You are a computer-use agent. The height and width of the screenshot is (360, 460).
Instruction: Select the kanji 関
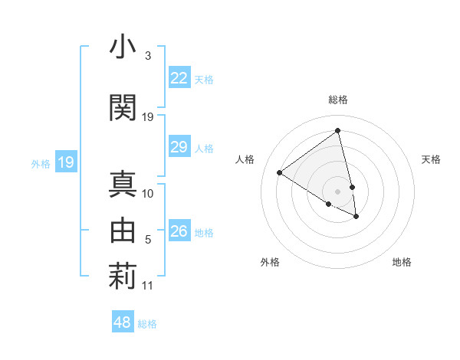123,107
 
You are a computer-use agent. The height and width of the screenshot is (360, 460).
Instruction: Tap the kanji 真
123,184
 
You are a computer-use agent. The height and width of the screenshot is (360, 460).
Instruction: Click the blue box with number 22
179,78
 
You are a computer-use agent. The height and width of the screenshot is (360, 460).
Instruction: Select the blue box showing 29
179,147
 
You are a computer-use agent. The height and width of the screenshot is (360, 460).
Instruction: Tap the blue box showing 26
179,231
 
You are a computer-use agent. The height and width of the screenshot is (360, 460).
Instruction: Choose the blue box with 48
123,322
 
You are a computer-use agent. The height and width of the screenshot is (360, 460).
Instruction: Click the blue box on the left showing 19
65,162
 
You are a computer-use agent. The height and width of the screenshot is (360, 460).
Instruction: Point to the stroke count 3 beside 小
147,56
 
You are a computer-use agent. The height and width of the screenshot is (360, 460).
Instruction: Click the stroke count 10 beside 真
148,194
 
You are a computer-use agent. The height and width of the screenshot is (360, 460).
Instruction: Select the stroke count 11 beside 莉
148,286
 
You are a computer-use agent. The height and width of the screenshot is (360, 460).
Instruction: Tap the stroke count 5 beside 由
148,240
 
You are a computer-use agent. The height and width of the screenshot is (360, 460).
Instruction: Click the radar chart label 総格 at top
337,100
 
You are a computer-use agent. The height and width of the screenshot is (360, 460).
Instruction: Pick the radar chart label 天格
431,159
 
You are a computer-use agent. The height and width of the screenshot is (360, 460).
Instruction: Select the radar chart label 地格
402,262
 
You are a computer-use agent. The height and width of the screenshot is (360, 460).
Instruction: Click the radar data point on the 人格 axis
280,172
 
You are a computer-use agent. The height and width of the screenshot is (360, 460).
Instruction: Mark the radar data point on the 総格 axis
337,131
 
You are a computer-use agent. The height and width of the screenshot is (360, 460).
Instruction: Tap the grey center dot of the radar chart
337,191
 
